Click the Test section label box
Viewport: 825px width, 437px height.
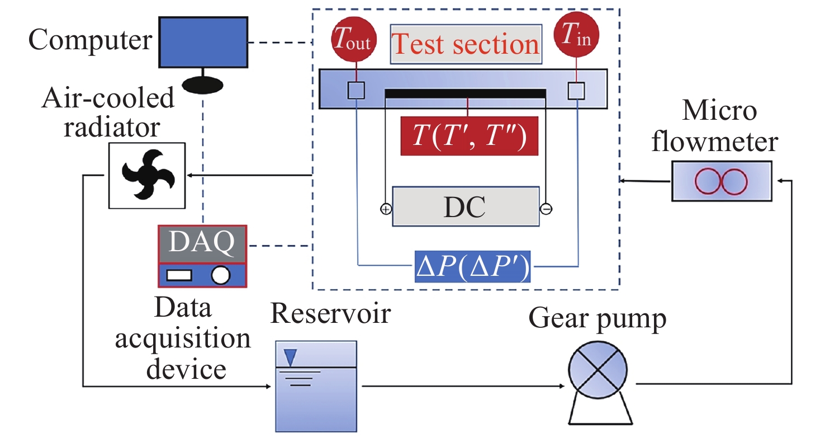(466, 44)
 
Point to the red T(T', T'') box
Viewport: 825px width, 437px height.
(469, 136)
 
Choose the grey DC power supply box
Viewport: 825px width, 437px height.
(466, 206)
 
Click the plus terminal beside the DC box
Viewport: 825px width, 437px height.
(386, 209)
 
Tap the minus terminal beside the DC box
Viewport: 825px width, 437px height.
(546, 209)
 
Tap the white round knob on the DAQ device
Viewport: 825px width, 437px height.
(220, 274)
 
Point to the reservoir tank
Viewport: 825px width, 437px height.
(316, 386)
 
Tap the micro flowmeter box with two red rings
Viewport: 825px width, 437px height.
(721, 181)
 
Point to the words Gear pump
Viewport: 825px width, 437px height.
(597, 319)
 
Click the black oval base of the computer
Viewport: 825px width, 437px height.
(203, 84)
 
